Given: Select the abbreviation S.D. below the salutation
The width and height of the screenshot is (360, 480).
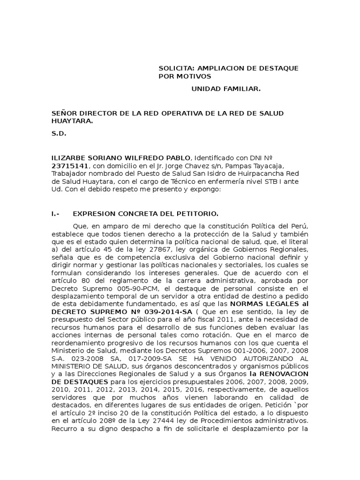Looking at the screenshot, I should tap(59, 133).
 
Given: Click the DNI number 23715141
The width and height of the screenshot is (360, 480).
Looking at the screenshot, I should tap(68, 165).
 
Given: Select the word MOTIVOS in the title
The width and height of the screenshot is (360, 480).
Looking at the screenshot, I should tap(192, 76).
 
